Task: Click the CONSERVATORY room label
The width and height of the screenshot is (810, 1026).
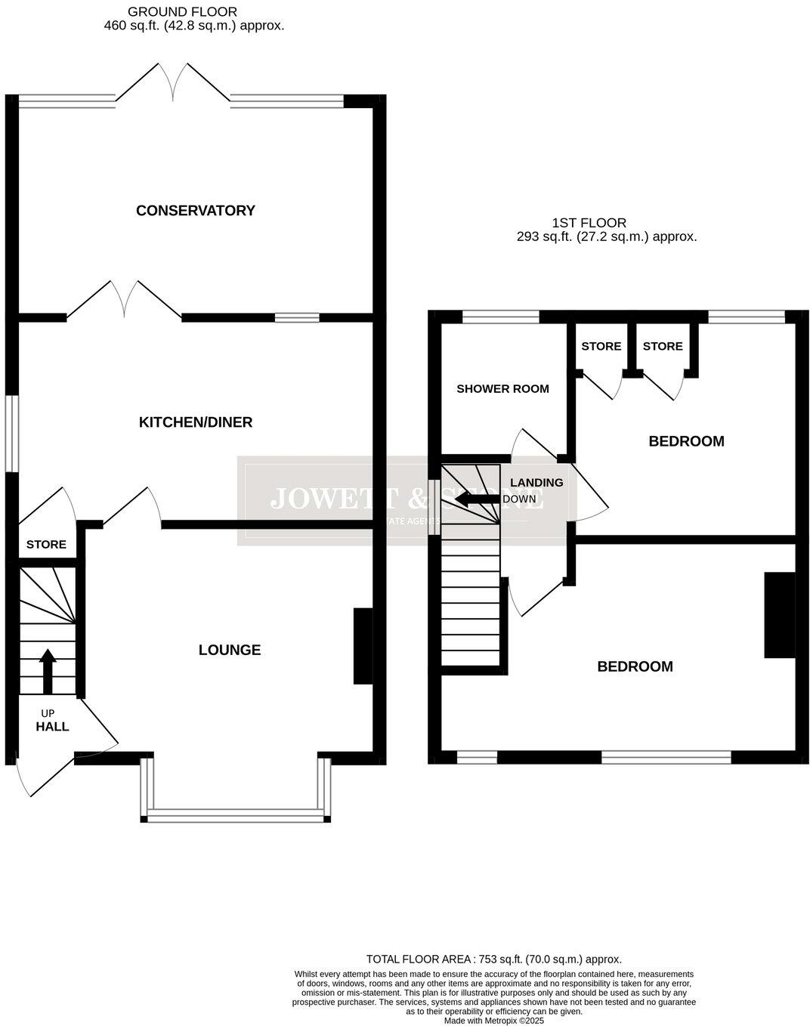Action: (x=195, y=211)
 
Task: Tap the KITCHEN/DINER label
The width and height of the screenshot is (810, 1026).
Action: (x=195, y=422)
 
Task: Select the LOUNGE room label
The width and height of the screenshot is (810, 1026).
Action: (x=230, y=650)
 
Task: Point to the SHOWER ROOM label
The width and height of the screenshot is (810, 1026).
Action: (x=502, y=389)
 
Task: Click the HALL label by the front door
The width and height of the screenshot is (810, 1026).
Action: (x=52, y=727)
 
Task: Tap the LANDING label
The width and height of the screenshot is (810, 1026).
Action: (x=536, y=483)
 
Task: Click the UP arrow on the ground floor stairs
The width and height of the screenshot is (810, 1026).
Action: (x=48, y=671)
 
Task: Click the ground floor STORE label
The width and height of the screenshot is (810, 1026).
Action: (x=46, y=545)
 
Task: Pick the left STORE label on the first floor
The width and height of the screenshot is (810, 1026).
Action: (x=601, y=347)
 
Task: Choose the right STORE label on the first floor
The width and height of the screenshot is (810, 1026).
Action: (x=663, y=347)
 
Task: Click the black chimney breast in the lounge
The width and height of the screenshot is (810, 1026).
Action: (x=363, y=646)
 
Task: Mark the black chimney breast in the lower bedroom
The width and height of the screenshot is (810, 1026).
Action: (x=780, y=615)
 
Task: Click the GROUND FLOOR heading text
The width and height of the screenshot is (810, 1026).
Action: (x=182, y=12)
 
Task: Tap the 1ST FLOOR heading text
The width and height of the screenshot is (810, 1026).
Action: (x=589, y=223)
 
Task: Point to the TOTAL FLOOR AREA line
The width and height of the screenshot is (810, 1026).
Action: (x=493, y=959)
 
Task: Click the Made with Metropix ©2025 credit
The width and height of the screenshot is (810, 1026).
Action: (x=493, y=1020)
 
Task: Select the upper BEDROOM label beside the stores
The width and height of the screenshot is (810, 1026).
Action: (x=686, y=441)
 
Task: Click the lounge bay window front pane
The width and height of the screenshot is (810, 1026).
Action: (x=236, y=815)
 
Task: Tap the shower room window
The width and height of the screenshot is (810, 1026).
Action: (x=500, y=317)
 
